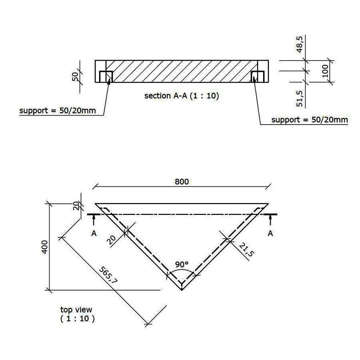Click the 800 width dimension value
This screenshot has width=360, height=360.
coord(182,181)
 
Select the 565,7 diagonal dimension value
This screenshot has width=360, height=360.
coord(108,275)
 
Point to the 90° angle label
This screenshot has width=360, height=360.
coord(182,264)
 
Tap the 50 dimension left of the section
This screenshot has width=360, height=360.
coord(75,77)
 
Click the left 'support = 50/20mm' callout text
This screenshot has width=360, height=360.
coord(58,111)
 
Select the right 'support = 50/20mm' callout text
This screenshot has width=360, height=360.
coord(310,120)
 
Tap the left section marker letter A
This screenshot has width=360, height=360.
coord(94,233)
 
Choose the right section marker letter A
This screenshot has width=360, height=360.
coord(270,233)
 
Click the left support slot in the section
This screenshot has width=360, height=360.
coord(106,77)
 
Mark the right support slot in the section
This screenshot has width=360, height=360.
coord(258,77)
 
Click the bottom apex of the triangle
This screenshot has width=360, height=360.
coord(182,289)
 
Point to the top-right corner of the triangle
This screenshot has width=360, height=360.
coord(268,204)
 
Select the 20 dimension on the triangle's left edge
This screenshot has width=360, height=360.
coord(112,240)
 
